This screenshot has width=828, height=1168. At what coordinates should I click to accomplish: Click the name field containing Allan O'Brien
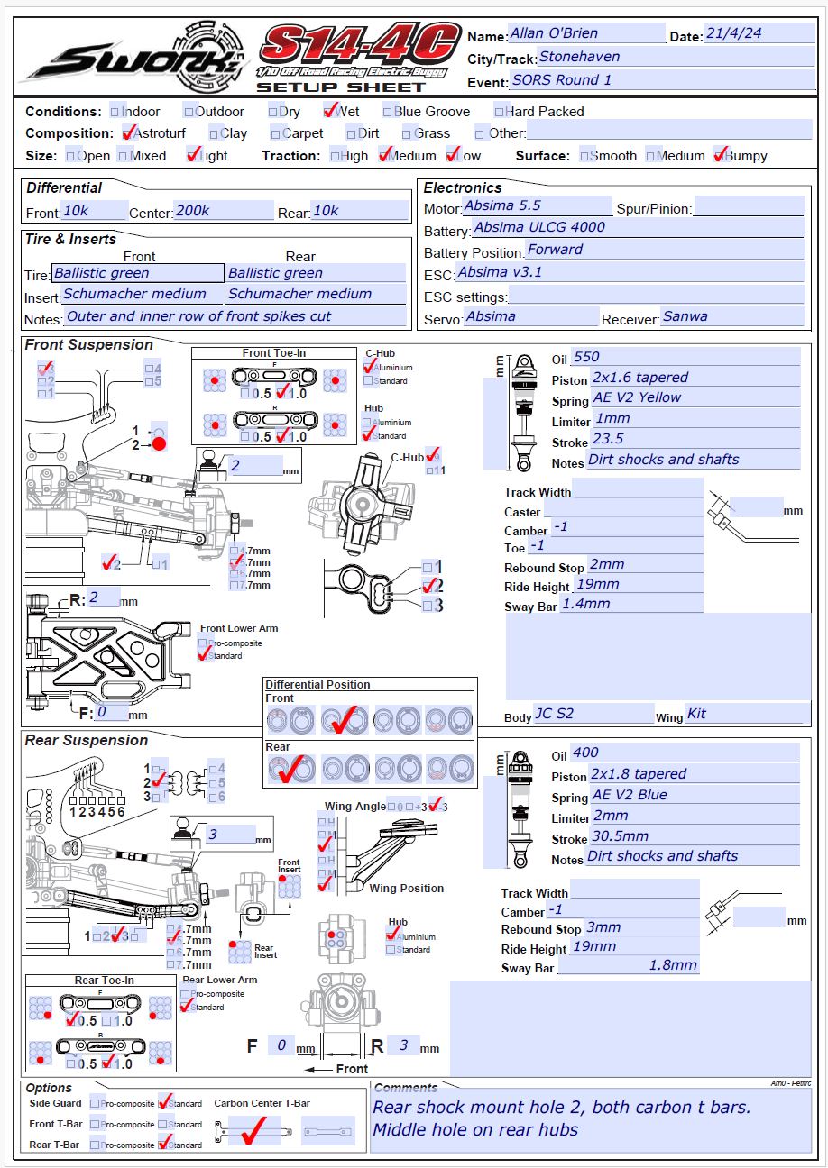(x=586, y=33)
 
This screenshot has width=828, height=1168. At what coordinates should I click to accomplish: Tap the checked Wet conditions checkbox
(x=329, y=112)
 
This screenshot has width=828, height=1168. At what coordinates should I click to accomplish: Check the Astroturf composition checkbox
(x=127, y=133)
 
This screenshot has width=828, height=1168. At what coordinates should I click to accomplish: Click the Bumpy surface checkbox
(x=720, y=156)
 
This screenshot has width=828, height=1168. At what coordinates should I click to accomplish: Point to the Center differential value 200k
(x=224, y=211)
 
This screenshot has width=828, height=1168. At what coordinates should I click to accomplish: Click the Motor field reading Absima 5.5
(x=538, y=206)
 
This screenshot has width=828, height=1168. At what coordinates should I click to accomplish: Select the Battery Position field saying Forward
(x=664, y=250)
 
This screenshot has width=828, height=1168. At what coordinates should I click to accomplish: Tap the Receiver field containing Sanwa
(x=731, y=316)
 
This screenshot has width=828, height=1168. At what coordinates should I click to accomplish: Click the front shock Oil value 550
(x=685, y=357)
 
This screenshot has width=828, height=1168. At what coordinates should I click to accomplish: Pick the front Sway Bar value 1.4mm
(x=630, y=604)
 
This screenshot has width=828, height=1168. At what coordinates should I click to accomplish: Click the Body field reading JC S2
(x=593, y=714)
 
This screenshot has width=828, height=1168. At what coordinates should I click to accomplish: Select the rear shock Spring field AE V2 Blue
(x=694, y=795)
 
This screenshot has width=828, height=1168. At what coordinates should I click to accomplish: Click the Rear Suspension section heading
(x=87, y=740)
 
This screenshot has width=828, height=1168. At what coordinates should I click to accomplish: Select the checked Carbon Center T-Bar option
(x=253, y=1129)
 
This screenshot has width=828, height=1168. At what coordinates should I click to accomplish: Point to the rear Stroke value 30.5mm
(x=694, y=836)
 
